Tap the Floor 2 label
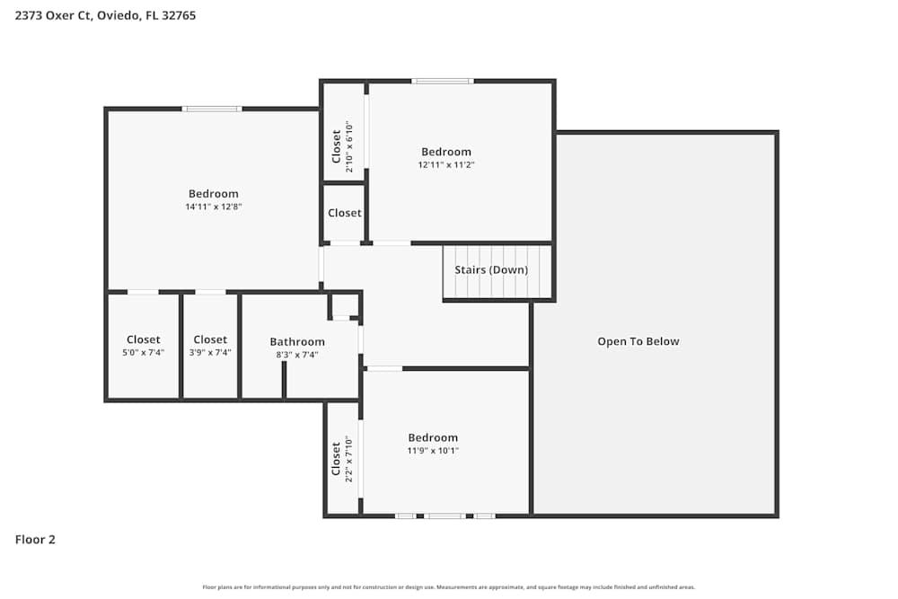35,540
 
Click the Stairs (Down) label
491,269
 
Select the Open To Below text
638,341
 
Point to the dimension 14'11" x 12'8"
214,207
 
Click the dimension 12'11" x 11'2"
446,164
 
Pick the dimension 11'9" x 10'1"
433,451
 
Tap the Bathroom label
297,341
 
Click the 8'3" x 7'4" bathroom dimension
297,355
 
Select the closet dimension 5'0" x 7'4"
144,353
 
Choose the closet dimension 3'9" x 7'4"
210,353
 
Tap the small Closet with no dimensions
345,213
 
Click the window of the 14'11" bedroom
212,109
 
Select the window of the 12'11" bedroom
443,81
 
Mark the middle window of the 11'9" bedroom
445,516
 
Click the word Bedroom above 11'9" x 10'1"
433,437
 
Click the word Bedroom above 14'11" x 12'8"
214,193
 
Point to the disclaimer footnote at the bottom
449,587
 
